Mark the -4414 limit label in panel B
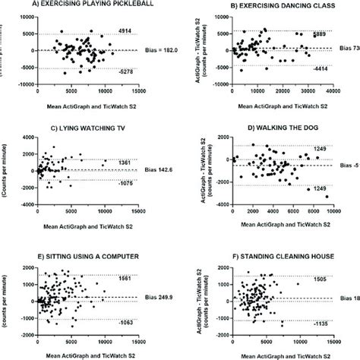321,68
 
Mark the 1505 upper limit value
321,279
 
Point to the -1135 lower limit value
321,321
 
